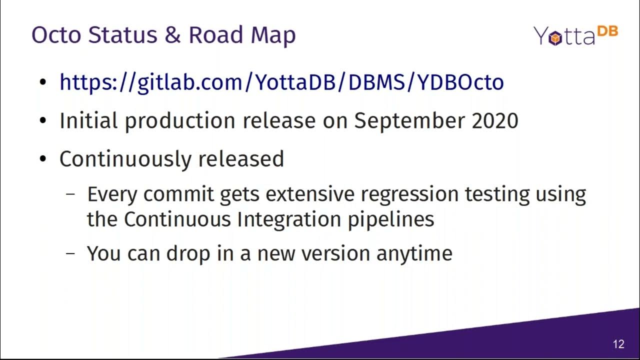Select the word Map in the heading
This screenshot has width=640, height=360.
coord(272,35)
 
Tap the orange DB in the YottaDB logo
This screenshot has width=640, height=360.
coord(607,32)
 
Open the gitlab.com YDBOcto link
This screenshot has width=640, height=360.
coord(281,82)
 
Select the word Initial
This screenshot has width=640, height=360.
coord(88,121)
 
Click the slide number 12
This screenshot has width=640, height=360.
coord(618,344)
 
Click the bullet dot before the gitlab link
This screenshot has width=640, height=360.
coord(44,82)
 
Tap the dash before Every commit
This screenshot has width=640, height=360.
coord(71,194)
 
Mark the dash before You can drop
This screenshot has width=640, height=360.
coord(71,253)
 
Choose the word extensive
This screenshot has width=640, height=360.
coord(306,194)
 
